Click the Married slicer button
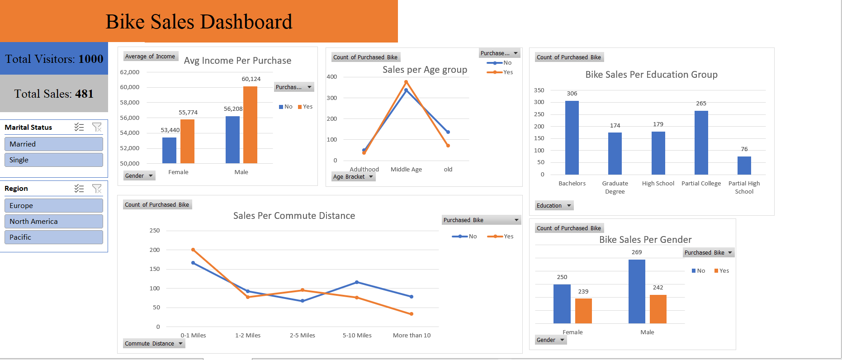[x=53, y=144]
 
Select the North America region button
[x=53, y=221]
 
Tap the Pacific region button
[x=53, y=237]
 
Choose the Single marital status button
[x=53, y=160]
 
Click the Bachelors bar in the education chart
[x=572, y=138]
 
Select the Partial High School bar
[x=744, y=166]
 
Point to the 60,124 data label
[x=251, y=79]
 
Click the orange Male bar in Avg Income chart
[x=250, y=125]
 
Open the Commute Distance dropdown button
[x=154, y=344]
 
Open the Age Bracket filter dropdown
[x=353, y=177]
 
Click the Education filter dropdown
[x=554, y=206]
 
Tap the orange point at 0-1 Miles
[x=193, y=250]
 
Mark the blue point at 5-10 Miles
[x=357, y=282]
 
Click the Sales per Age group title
[x=425, y=70]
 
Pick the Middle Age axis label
[x=406, y=170]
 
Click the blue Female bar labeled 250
[x=562, y=304]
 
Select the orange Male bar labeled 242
[x=658, y=309]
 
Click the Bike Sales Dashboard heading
[x=199, y=22]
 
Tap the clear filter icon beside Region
[x=97, y=189]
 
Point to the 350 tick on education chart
[x=539, y=90]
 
